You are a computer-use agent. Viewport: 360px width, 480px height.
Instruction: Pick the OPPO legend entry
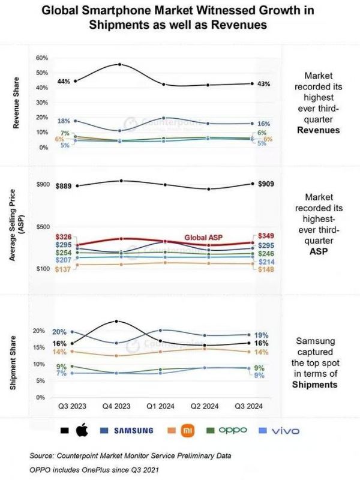pos(231,431)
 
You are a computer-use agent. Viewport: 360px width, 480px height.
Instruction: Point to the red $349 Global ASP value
pos(265,236)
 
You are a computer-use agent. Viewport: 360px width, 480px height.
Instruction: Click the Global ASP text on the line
pos(203,238)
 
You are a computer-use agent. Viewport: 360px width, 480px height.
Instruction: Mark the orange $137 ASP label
pos(64,269)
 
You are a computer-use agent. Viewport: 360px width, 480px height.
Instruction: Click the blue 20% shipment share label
pos(59,332)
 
